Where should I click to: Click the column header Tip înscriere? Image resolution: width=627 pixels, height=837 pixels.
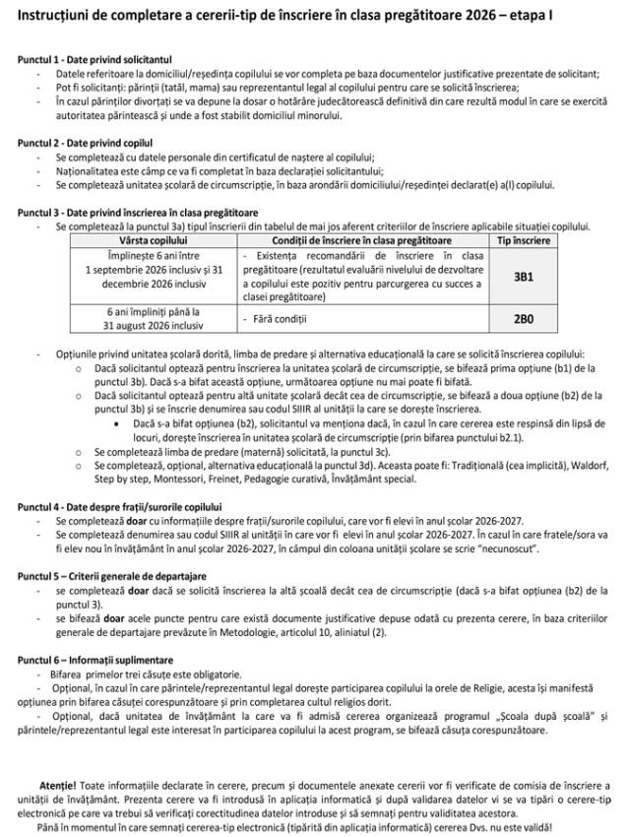[x=523, y=239]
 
